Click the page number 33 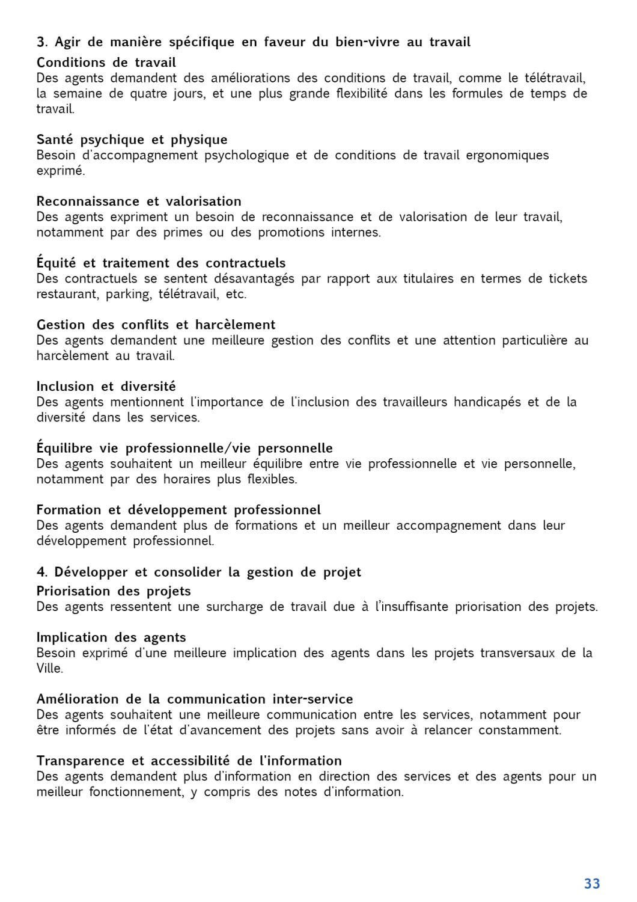click(592, 883)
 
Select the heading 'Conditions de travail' click(106, 63)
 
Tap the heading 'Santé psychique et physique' click(132, 140)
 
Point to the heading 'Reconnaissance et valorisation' click(139, 201)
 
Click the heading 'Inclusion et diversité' click(106, 387)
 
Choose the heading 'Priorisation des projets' click(114, 591)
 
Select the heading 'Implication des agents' click(111, 637)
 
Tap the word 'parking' click(129, 294)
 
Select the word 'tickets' click(567, 278)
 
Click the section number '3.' click(42, 42)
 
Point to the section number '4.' click(42, 572)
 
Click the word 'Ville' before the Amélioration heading click(49, 668)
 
